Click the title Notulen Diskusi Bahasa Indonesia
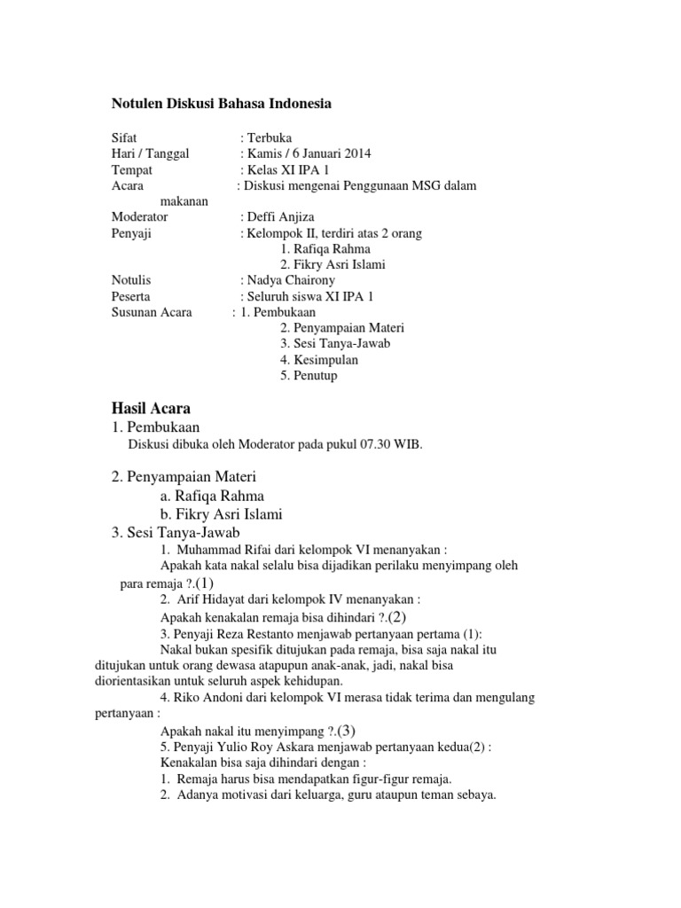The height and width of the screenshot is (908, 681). [221, 104]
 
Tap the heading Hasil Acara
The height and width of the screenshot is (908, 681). [151, 408]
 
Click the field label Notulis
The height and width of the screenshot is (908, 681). [131, 281]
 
